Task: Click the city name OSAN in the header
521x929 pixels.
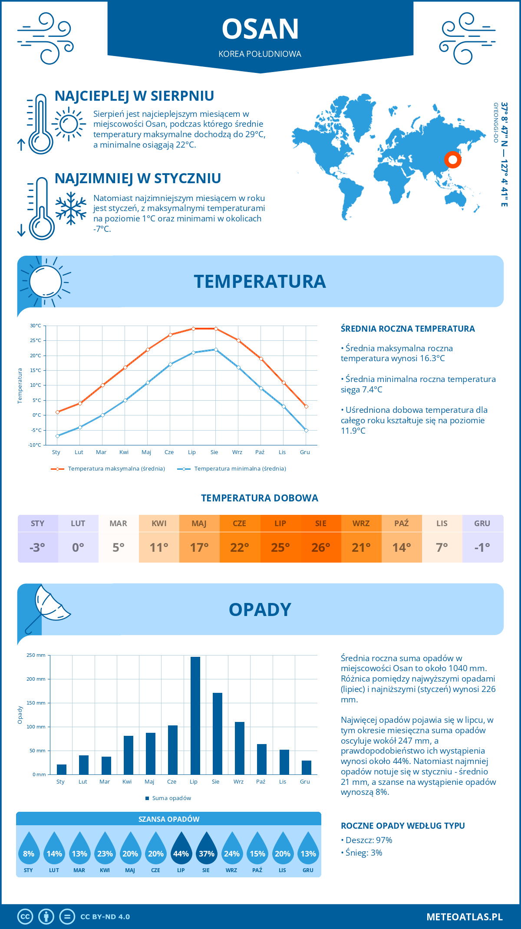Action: (x=260, y=29)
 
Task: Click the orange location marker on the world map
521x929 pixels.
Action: (x=452, y=160)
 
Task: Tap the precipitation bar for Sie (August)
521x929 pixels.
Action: (x=218, y=734)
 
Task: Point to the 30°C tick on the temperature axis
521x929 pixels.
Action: (x=36, y=326)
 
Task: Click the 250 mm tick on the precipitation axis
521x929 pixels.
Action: (x=36, y=655)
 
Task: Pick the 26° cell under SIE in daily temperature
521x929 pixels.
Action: (x=320, y=547)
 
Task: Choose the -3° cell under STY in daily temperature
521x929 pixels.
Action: (x=37, y=547)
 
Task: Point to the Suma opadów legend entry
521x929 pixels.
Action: (x=171, y=798)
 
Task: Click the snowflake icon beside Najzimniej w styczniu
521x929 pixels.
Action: (x=71, y=208)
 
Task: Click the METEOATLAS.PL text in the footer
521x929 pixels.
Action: (x=464, y=916)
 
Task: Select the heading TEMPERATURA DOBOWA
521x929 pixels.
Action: (x=260, y=498)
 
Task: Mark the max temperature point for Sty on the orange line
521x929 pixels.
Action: (x=57, y=412)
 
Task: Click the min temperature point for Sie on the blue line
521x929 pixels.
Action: (x=216, y=349)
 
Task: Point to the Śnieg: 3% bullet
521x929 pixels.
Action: (x=363, y=853)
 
